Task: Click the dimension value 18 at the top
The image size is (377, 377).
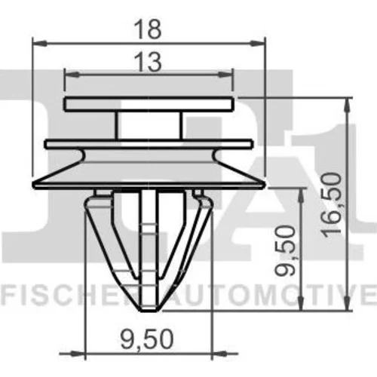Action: tap(148, 29)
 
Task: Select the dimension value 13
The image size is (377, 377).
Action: tap(148, 62)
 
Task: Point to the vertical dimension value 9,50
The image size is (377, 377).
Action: tap(284, 250)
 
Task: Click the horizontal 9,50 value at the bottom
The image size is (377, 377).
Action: tap(147, 339)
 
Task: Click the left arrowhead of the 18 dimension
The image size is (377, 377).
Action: tap(40, 43)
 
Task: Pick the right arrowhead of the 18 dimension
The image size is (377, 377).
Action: tap(258, 43)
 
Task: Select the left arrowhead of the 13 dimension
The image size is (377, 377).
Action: tap(72, 75)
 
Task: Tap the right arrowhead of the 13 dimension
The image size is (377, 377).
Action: tap(225, 75)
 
